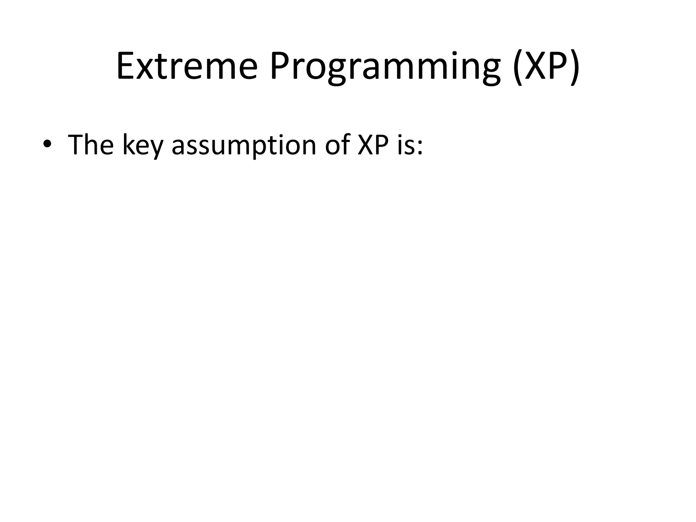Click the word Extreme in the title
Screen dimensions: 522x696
tap(187, 66)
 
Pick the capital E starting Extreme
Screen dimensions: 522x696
tap(126, 66)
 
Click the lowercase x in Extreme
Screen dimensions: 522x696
tap(146, 70)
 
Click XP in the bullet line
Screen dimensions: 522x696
tap(373, 144)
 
